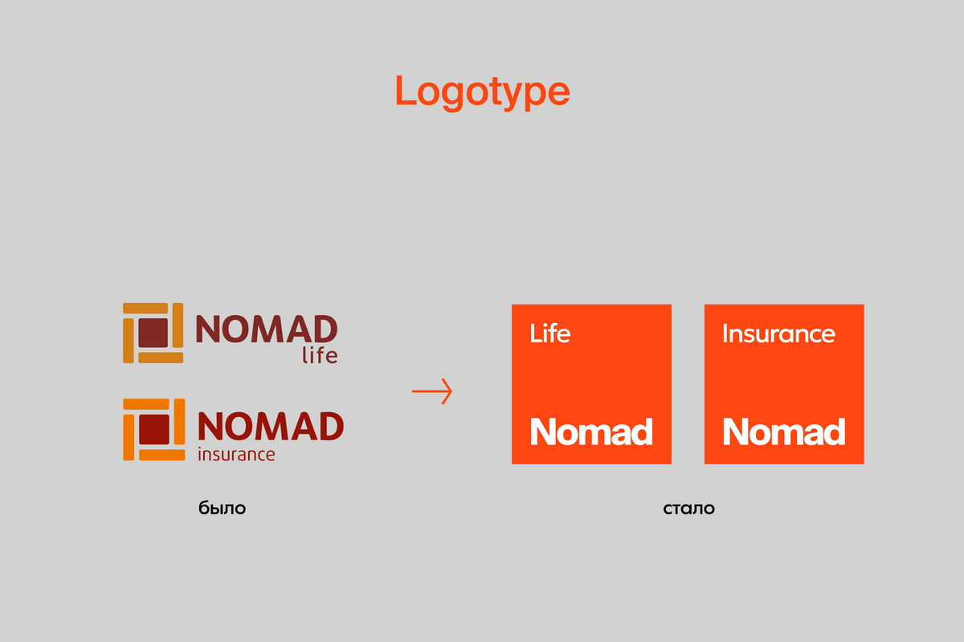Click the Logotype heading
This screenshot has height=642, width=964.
[483, 92]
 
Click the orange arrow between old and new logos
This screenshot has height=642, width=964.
[432, 391]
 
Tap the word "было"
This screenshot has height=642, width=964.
[222, 508]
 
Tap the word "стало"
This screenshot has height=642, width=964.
[688, 509]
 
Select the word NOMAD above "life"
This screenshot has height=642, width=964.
[267, 329]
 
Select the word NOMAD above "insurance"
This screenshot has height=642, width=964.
[271, 427]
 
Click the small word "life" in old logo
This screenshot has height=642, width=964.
[320, 356]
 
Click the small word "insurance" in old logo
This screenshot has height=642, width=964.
[236, 454]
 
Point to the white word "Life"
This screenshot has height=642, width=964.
[550, 333]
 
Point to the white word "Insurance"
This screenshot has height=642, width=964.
[778, 333]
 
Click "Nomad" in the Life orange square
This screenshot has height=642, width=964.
[591, 431]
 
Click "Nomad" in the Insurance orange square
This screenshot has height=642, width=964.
[784, 431]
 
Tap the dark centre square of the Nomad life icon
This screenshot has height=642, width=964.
[153, 333]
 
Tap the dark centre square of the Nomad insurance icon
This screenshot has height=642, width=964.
[154, 429]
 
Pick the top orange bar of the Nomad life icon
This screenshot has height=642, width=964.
[145, 309]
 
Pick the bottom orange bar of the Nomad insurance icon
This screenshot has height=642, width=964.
[162, 455]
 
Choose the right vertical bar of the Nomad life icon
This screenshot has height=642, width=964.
[178, 325]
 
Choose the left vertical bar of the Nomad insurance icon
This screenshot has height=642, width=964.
[129, 437]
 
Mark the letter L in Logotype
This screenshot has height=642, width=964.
[406, 90]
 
